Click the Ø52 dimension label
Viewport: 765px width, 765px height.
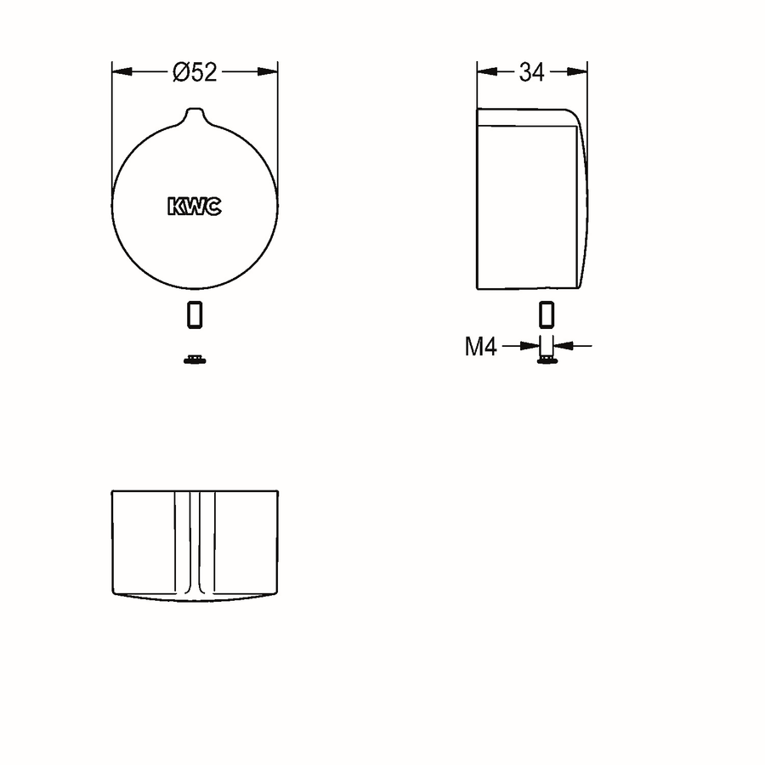click(x=195, y=72)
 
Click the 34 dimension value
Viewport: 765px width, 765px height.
click(x=531, y=72)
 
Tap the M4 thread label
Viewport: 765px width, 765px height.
click(x=480, y=347)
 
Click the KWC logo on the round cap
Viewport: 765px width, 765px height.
click(x=195, y=207)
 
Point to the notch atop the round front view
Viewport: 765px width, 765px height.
click(x=195, y=115)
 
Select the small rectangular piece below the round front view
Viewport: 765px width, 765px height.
click(x=195, y=314)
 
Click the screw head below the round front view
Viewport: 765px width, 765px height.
click(x=195, y=360)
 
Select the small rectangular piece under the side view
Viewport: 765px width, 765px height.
click(x=547, y=314)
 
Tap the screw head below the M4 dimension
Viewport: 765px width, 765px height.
click(x=547, y=360)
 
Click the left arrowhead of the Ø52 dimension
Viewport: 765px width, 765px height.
click(x=122, y=71)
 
